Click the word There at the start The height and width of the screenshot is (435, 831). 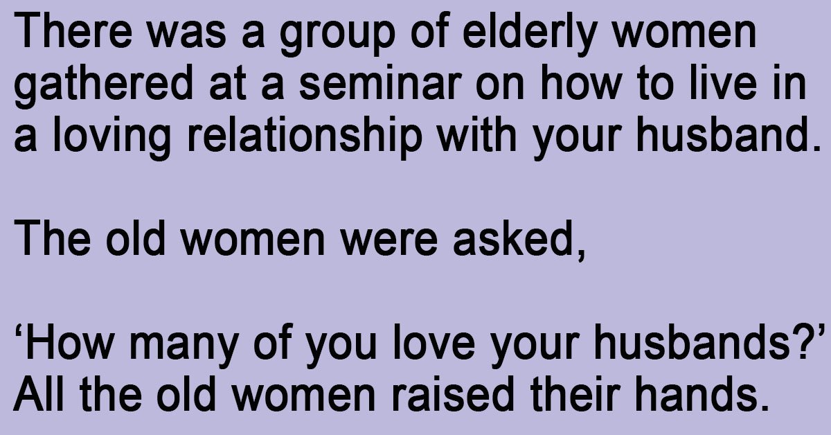coord(73,30)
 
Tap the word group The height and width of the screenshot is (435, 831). coord(337,35)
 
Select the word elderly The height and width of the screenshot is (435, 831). coord(529,35)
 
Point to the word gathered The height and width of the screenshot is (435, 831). coord(103,86)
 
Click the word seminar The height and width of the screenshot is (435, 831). coord(380,82)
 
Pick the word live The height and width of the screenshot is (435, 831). coord(724,82)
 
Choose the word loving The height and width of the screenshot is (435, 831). coord(111,138)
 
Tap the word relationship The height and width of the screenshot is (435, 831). coord(305,138)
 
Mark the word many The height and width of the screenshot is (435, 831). coord(184,346)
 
